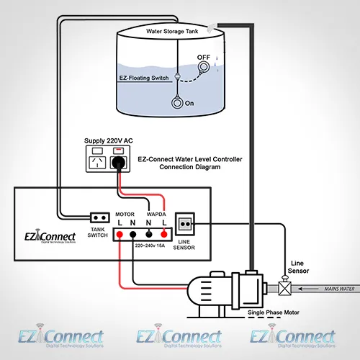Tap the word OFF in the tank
point(205,57)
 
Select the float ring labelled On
point(176,102)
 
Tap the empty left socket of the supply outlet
point(94,163)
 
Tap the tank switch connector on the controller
point(99,217)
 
